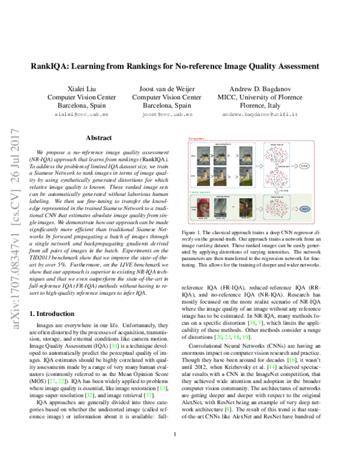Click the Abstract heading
(98, 138)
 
